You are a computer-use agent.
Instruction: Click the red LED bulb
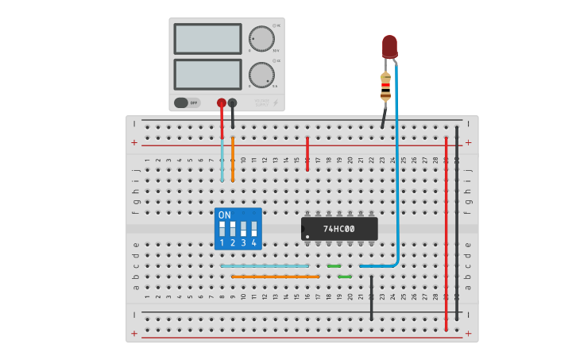click(x=389, y=45)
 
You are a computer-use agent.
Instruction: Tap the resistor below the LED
click(x=385, y=87)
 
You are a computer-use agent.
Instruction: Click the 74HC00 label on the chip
click(x=339, y=229)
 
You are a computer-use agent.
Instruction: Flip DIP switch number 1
click(x=222, y=230)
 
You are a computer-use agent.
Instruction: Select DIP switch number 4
click(x=254, y=230)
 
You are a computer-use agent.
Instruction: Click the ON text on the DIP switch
click(x=225, y=215)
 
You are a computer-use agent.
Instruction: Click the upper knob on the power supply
click(x=261, y=38)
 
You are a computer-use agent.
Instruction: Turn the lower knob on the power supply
click(x=261, y=75)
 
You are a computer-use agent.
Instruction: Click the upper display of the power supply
click(x=207, y=38)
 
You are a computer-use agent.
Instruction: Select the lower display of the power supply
click(x=207, y=74)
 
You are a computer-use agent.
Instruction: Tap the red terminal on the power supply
click(x=222, y=103)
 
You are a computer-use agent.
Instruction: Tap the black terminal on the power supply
click(x=232, y=103)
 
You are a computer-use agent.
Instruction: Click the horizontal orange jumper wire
click(x=276, y=277)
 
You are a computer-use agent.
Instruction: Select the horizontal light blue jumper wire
click(x=265, y=266)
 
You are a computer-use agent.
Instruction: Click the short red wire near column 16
click(x=307, y=153)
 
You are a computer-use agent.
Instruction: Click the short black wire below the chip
click(x=371, y=298)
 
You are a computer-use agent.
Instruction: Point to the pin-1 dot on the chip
click(x=307, y=237)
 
